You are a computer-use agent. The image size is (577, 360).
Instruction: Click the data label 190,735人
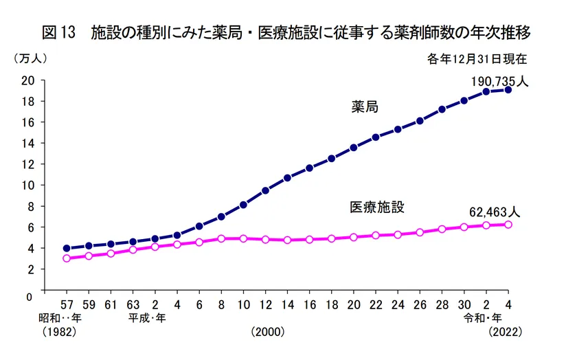[499, 81]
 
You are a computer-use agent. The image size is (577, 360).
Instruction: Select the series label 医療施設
[377, 207]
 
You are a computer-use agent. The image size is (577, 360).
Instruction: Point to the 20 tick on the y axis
[27, 80]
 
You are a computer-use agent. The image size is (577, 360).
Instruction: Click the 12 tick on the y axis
[27, 164]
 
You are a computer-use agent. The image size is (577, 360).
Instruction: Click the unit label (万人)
[30, 59]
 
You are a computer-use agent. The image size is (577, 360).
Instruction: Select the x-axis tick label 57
[67, 305]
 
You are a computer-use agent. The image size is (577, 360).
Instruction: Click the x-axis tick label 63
[133, 305]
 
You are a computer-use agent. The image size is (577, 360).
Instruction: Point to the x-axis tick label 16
[309, 305]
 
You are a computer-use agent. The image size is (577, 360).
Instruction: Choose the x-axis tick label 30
[464, 305]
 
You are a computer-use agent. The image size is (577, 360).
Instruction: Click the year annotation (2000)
[267, 332]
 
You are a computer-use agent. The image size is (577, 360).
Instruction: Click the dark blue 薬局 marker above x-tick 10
[243, 205]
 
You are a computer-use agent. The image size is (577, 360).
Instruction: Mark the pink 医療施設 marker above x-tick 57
[67, 258]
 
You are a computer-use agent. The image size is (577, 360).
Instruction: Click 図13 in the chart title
[58, 33]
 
